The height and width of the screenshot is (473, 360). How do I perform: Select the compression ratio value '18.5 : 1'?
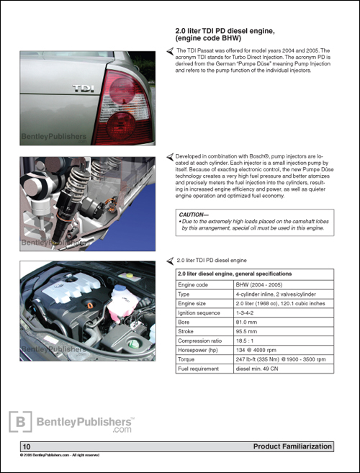[248, 347]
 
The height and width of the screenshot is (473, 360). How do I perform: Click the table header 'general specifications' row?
[254, 274]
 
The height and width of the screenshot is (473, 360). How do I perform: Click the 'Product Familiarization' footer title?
[292, 447]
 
